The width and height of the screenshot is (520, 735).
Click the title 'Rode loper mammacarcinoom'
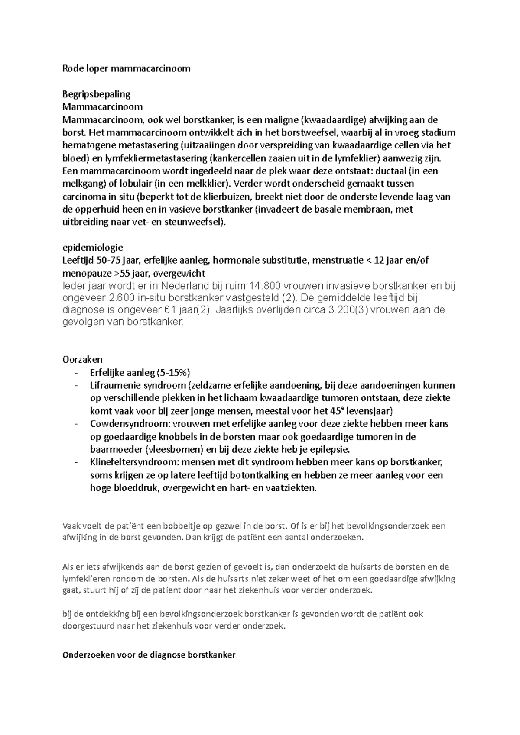pyautogui.click(x=126, y=68)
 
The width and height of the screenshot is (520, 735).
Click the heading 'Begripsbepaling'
pyautogui.click(x=96, y=94)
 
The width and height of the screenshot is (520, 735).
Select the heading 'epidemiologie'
pyautogui.click(x=93, y=248)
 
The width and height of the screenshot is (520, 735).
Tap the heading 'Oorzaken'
pyautogui.click(x=82, y=360)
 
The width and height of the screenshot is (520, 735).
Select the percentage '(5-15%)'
pyautogui.click(x=173, y=373)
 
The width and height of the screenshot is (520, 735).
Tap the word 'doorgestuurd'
pyautogui.click(x=86, y=626)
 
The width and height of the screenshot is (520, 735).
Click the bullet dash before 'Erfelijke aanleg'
pyautogui.click(x=77, y=373)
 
